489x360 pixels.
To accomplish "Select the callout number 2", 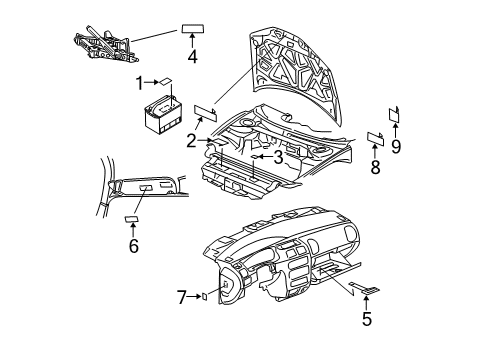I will (190, 140).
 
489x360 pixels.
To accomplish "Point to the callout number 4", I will (191, 57).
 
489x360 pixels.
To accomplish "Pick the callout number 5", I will (367, 320).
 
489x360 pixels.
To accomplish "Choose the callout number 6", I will (133, 246).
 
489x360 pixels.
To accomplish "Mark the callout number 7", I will (181, 296).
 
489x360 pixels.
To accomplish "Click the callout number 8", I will (376, 167).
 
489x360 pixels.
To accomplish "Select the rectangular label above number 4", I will (192, 28).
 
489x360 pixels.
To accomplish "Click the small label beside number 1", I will (167, 82).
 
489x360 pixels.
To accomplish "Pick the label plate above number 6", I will (131, 218).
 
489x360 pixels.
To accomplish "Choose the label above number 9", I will (394, 113).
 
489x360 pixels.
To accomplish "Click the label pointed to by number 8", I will (376, 138).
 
